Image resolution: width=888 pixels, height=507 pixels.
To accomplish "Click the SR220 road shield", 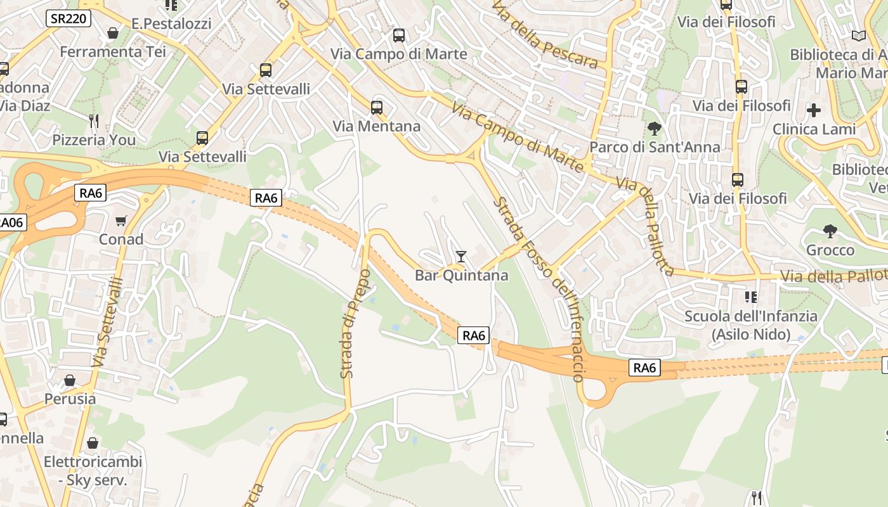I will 69,18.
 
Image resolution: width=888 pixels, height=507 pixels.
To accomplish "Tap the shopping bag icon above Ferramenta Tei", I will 113,33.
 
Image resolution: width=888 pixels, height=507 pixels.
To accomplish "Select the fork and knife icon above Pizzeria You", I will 94,120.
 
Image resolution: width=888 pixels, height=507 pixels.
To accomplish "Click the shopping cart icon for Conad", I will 121,221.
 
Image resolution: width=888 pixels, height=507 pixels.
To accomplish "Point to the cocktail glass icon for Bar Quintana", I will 461,257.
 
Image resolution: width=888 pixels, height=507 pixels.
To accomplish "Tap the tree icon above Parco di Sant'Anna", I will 655,129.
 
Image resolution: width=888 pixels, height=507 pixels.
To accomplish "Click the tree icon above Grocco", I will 830,231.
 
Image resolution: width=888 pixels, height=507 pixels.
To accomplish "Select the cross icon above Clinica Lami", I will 814,110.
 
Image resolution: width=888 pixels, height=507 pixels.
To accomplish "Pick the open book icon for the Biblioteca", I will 859,36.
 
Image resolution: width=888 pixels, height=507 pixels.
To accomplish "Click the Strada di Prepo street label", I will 355,324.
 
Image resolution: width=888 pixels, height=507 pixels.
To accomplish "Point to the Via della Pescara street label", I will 545,35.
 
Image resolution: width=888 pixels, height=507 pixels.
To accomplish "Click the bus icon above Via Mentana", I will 377,107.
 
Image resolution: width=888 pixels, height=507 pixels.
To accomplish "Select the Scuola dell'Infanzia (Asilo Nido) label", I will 751,325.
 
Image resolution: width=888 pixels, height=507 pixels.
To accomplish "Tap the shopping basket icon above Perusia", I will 70,380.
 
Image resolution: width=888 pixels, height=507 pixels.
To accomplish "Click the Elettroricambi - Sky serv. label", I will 93,471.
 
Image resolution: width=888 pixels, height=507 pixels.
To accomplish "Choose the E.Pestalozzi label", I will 171,23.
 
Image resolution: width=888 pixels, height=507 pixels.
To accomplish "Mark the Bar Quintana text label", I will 461,275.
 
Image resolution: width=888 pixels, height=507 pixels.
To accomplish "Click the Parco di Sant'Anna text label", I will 655,147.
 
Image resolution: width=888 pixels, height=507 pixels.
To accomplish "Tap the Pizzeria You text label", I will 94,139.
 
